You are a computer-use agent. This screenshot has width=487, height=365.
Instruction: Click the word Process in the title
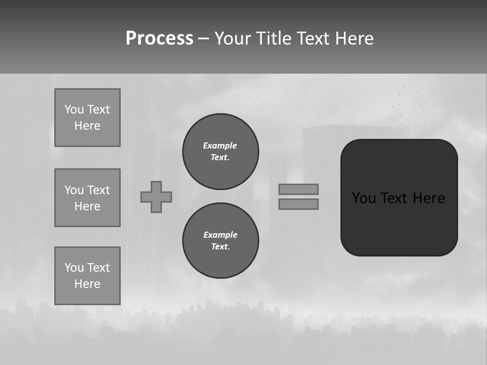pos(159,39)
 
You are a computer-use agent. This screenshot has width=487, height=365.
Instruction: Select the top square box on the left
pos(87,118)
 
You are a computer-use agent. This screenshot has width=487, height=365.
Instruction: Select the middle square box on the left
pos(87,198)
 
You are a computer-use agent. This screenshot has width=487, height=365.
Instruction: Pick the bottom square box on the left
pos(87,276)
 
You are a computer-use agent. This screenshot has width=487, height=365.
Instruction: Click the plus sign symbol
pos(156,197)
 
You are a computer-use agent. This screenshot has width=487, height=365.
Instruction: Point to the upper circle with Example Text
pos(220,152)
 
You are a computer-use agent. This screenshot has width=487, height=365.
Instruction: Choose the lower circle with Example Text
pos(220,241)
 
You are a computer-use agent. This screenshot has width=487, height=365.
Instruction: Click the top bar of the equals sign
pos(298,189)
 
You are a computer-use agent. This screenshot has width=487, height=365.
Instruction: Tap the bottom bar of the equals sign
pos(298,204)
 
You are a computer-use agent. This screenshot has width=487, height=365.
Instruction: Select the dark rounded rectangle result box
pos(399,223)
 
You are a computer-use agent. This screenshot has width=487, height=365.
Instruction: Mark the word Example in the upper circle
pos(220,145)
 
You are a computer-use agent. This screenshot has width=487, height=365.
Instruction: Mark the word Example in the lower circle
pos(220,235)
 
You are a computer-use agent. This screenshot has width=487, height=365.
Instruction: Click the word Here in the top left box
pos(87,126)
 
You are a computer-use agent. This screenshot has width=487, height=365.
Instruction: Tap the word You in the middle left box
pos(74,190)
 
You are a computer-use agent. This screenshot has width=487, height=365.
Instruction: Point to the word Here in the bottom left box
pos(87,284)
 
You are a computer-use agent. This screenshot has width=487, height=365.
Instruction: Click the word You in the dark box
pos(364,198)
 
